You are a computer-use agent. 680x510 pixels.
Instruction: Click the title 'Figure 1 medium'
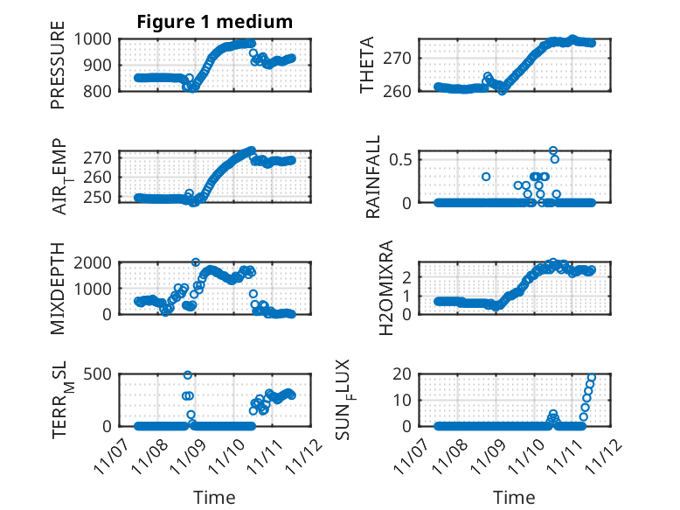215,22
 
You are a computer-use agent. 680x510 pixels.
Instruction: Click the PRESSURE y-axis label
59,70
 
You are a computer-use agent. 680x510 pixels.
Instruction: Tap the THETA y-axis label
367,65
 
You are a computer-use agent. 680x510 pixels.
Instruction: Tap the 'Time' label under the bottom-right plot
515,498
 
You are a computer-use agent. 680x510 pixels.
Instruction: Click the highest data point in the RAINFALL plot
553,150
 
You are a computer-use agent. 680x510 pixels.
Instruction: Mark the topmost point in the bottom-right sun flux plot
592,377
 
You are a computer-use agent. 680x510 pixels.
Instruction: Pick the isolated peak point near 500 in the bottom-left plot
187,375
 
